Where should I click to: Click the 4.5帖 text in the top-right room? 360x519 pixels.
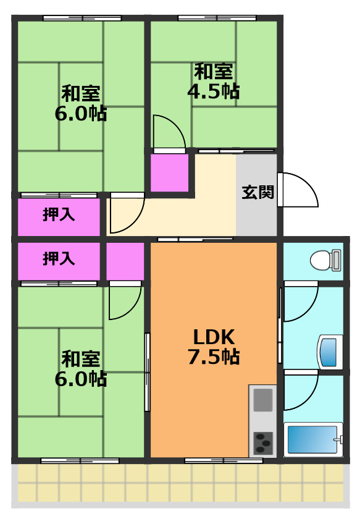[x=214, y=92]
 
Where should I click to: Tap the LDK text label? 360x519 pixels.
[x=214, y=337]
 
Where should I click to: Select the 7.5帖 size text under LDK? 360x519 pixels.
[x=214, y=357]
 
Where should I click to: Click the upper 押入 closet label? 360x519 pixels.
[x=59, y=215]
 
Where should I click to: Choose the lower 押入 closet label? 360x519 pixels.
[x=59, y=259]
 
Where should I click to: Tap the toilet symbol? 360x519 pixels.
[x=325, y=260]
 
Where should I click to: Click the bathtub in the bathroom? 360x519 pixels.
[x=312, y=439]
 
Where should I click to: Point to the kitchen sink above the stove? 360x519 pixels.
[x=263, y=400]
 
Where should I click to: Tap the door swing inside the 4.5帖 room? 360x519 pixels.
[x=167, y=132]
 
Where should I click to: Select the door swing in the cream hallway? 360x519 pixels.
[x=126, y=213]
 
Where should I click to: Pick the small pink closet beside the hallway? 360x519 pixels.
[x=170, y=173]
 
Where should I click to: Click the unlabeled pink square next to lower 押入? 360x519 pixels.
[x=125, y=261]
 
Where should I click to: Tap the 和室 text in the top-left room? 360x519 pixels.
[x=80, y=94]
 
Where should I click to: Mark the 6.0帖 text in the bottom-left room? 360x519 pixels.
[x=80, y=378]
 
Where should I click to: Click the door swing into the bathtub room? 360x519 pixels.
[x=300, y=392]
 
